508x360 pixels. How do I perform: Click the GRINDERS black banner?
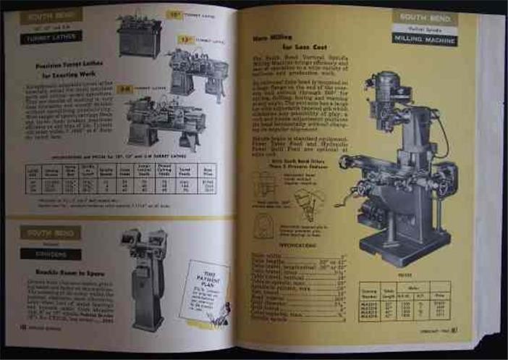click(x=51, y=254)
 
